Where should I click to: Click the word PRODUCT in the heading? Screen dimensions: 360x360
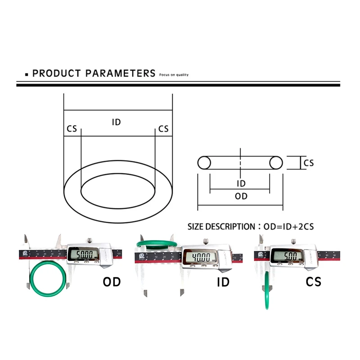[x=57, y=73]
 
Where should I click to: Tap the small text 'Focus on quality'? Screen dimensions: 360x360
[x=174, y=75]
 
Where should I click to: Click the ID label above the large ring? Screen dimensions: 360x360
[x=117, y=122]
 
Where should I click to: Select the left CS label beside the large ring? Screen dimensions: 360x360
[x=72, y=129]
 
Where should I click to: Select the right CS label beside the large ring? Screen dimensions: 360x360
[x=163, y=129]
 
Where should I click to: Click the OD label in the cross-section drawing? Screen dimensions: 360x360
[x=241, y=196]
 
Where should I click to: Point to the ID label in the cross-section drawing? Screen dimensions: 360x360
[x=241, y=184]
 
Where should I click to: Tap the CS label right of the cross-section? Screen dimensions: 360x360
[x=309, y=163]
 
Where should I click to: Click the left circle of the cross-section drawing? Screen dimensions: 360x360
[x=204, y=162]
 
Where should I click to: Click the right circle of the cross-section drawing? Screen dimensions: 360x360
[x=276, y=162]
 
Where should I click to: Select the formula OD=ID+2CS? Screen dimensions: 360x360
[x=288, y=227]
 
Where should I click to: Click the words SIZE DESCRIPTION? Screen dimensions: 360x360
[x=221, y=227]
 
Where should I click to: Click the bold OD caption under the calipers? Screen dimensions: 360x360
[x=112, y=282]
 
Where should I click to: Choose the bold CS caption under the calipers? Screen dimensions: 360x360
[x=314, y=282]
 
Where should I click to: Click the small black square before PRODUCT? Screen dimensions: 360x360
[x=27, y=74]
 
